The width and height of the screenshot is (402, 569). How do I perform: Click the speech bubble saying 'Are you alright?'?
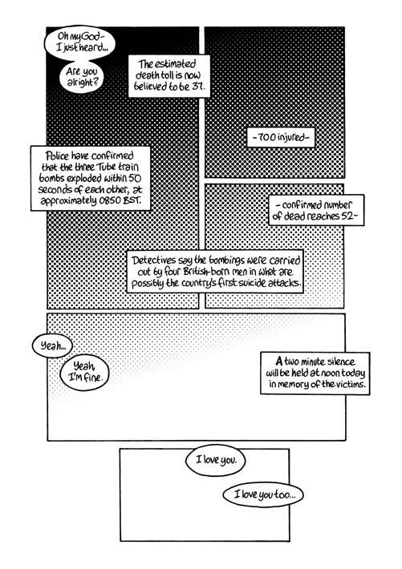(x=82, y=77)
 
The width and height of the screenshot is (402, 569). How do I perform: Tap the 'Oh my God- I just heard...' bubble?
(x=79, y=42)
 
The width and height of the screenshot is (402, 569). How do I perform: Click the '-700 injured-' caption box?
(x=281, y=138)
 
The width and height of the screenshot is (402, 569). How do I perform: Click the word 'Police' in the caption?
(x=57, y=156)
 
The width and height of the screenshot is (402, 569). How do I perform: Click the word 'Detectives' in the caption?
(x=151, y=260)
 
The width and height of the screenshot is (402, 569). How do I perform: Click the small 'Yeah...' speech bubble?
(x=52, y=346)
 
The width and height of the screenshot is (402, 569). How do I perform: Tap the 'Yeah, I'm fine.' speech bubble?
(x=84, y=373)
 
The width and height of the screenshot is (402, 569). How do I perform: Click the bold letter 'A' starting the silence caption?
(x=278, y=361)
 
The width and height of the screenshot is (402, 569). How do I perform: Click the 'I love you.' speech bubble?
(x=216, y=460)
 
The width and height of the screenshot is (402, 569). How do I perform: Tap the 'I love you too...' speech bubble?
(x=263, y=494)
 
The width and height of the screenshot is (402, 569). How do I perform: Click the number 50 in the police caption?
(x=134, y=179)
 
